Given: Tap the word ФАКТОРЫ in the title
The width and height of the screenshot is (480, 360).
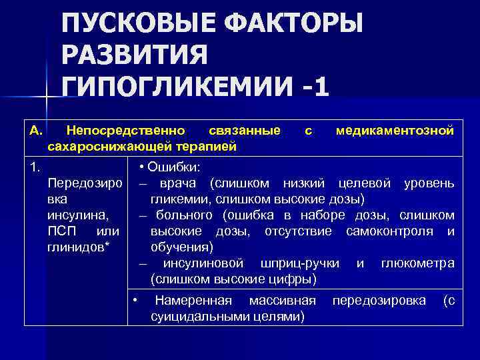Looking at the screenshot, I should [x=293, y=24].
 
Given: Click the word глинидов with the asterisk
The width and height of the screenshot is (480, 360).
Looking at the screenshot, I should [x=74, y=247].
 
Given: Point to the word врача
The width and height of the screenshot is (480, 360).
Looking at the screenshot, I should [x=179, y=183].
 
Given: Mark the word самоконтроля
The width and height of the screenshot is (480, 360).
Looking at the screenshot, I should [x=393, y=231].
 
